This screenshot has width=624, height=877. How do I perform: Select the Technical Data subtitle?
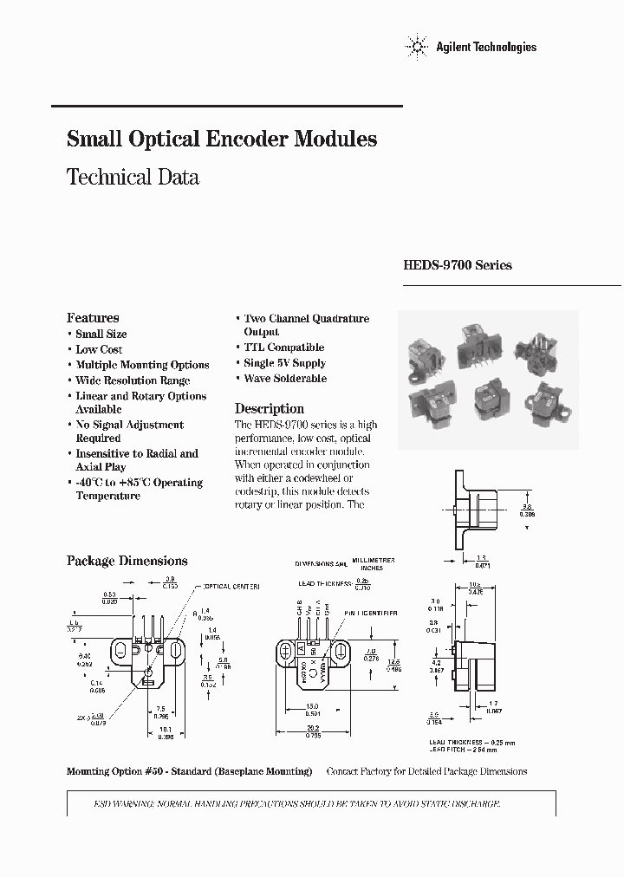[x=133, y=178]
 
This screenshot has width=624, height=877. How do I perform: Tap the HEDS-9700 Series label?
[x=457, y=265]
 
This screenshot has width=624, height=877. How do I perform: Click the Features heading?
[x=93, y=318]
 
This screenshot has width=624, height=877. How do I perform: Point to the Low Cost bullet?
[x=99, y=349]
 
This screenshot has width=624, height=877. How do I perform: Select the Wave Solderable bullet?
[x=284, y=379]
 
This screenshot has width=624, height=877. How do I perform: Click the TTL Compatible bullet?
[x=283, y=348]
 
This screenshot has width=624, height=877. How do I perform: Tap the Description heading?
[x=270, y=409]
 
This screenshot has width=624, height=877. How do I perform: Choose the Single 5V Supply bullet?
[x=284, y=363]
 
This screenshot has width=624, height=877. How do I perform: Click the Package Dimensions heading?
[x=127, y=561]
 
